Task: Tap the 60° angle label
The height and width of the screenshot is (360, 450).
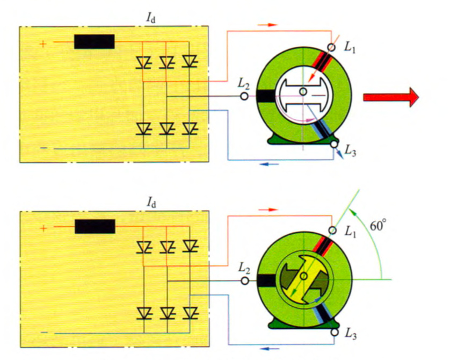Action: tap(378, 226)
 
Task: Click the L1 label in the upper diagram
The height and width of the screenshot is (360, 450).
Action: tap(350, 48)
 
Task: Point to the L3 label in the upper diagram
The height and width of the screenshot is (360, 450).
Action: tap(350, 152)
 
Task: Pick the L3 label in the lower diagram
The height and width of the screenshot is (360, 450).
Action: tap(350, 336)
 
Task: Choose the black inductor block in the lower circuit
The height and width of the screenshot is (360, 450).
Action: tap(95, 226)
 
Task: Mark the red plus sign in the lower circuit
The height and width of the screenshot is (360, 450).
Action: tap(43, 228)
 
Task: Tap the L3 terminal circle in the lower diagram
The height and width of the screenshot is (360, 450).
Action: tap(334, 333)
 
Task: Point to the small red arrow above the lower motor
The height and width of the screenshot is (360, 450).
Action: tap(270, 208)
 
